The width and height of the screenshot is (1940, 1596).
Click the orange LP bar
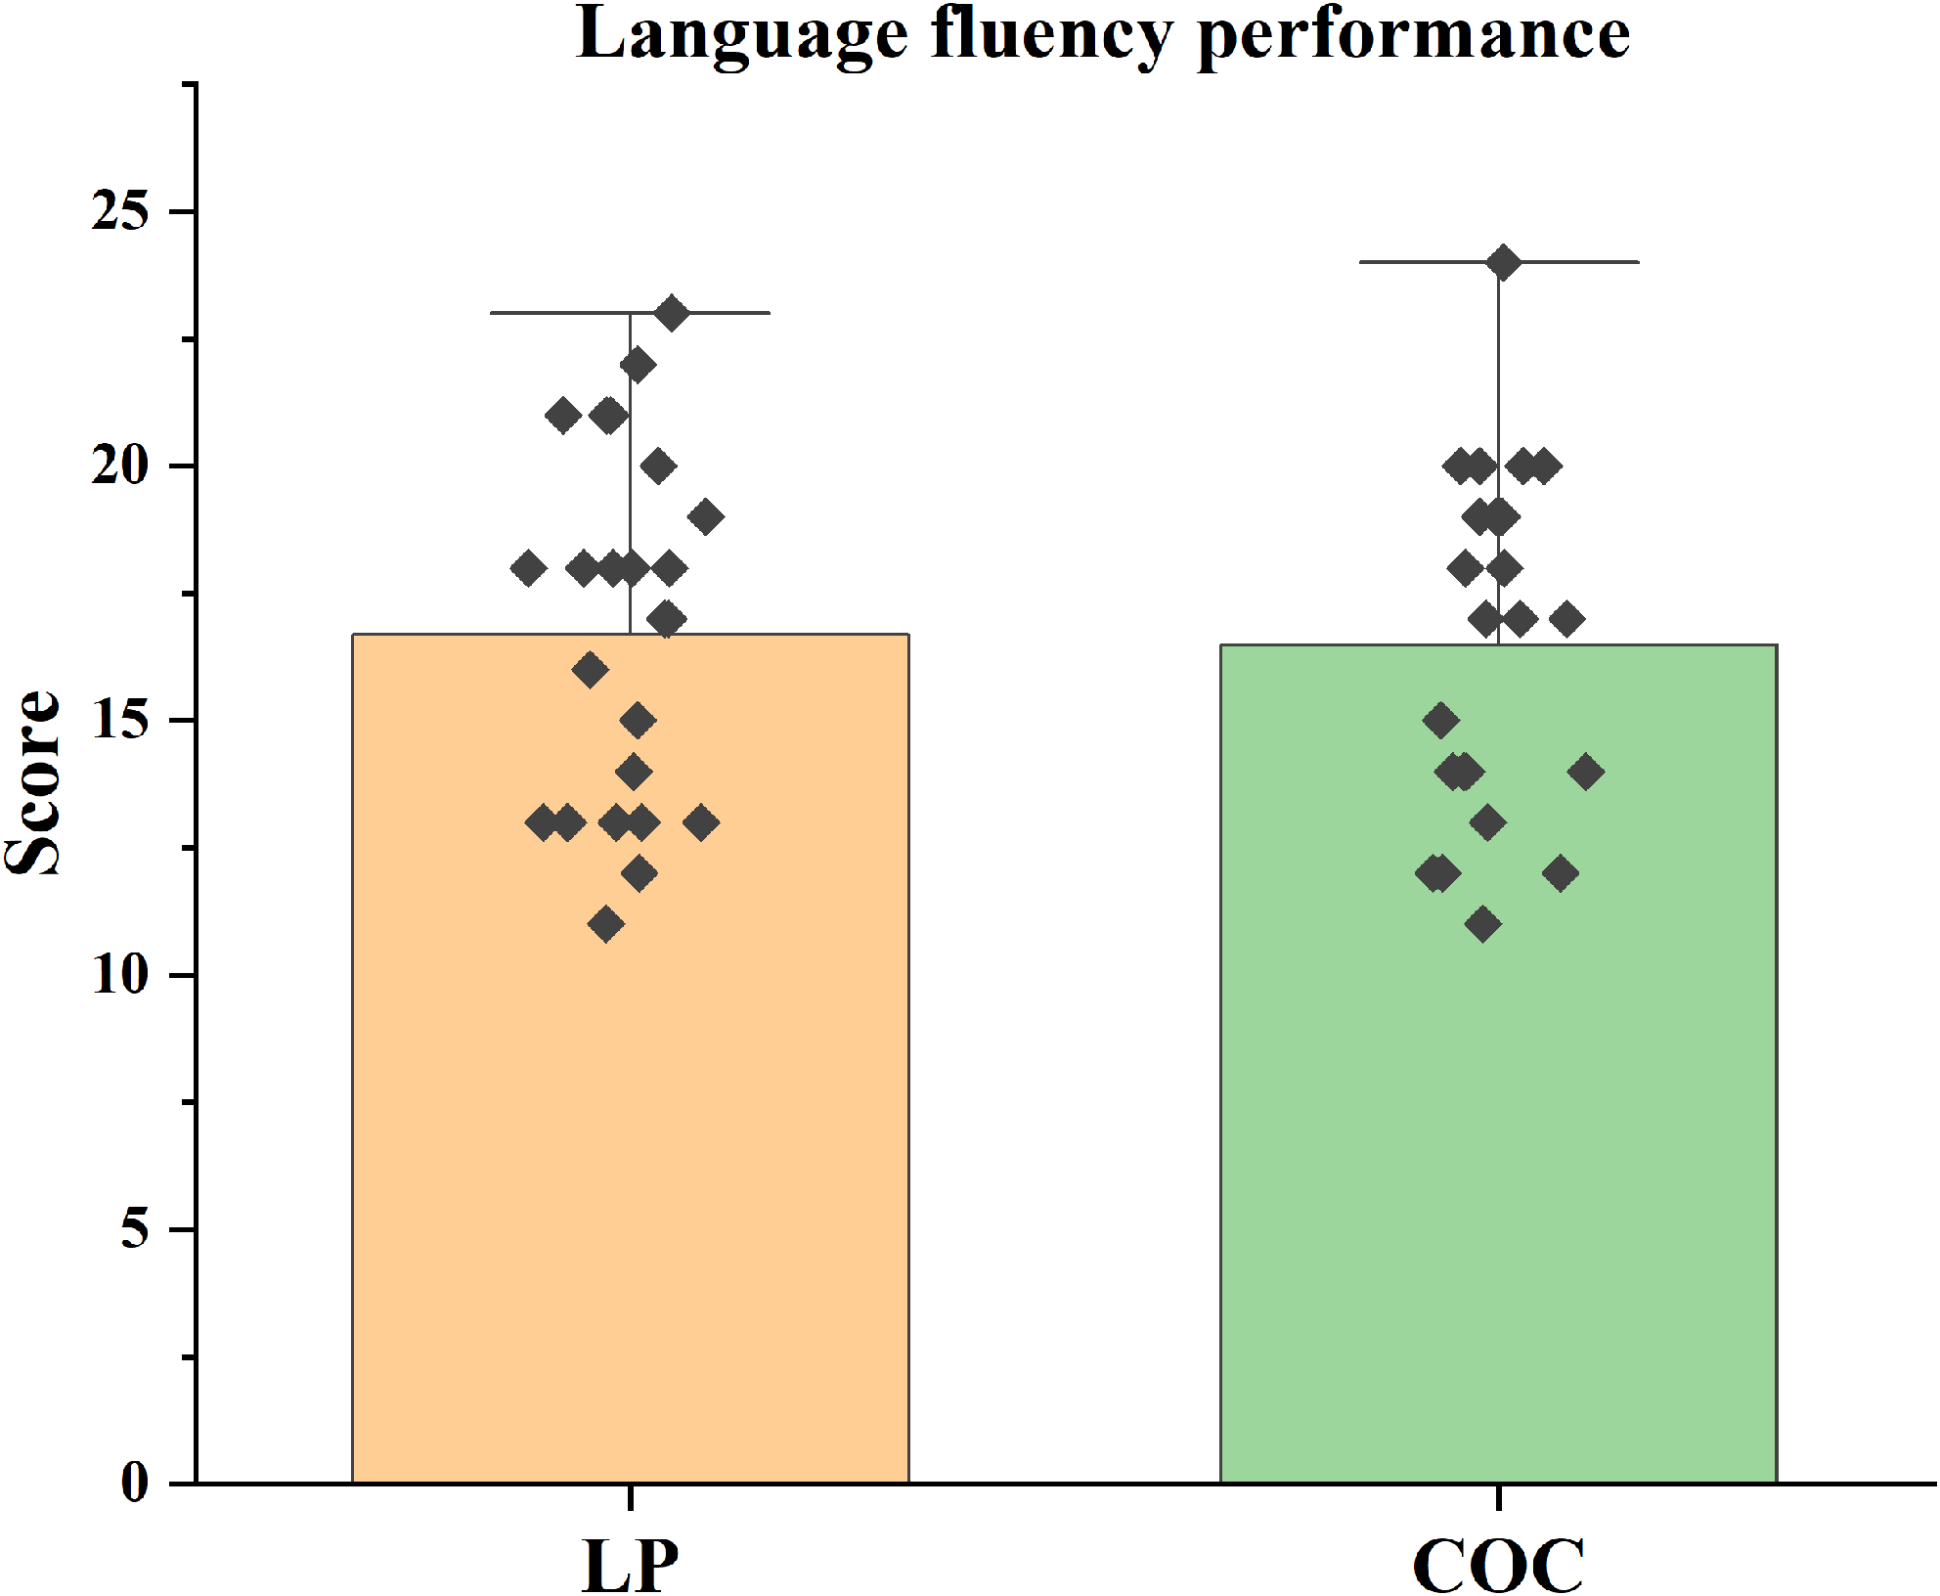[x=630, y=1174]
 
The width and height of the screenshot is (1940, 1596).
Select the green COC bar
[x=1498, y=1174]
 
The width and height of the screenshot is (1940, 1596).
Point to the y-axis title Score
[x=31, y=782]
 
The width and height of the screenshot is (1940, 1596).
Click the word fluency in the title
[x=1052, y=34]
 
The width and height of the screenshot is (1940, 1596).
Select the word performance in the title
[x=1414, y=34]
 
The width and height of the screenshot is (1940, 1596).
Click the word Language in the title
[x=743, y=34]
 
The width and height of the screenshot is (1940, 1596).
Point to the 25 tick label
[x=120, y=210]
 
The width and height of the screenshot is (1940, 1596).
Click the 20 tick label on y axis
[x=120, y=465]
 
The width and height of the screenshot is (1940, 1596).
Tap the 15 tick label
[x=120, y=721]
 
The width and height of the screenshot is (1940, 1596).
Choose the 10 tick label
[x=120, y=975]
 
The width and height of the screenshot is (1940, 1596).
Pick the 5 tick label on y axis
[x=135, y=1228]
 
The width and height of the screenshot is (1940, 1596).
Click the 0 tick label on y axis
[x=135, y=1483]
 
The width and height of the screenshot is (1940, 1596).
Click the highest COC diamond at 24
[x=1503, y=263]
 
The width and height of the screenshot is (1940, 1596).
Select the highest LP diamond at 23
[x=672, y=314]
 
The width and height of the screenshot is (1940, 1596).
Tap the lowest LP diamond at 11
[x=606, y=924]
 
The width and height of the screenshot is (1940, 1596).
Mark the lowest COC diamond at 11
[x=1483, y=924]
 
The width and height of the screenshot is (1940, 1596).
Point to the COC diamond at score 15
[x=1440, y=721]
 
